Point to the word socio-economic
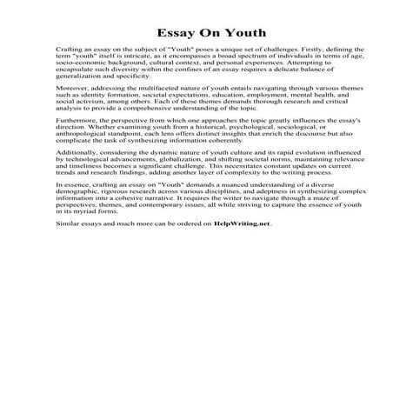(75, 65)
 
